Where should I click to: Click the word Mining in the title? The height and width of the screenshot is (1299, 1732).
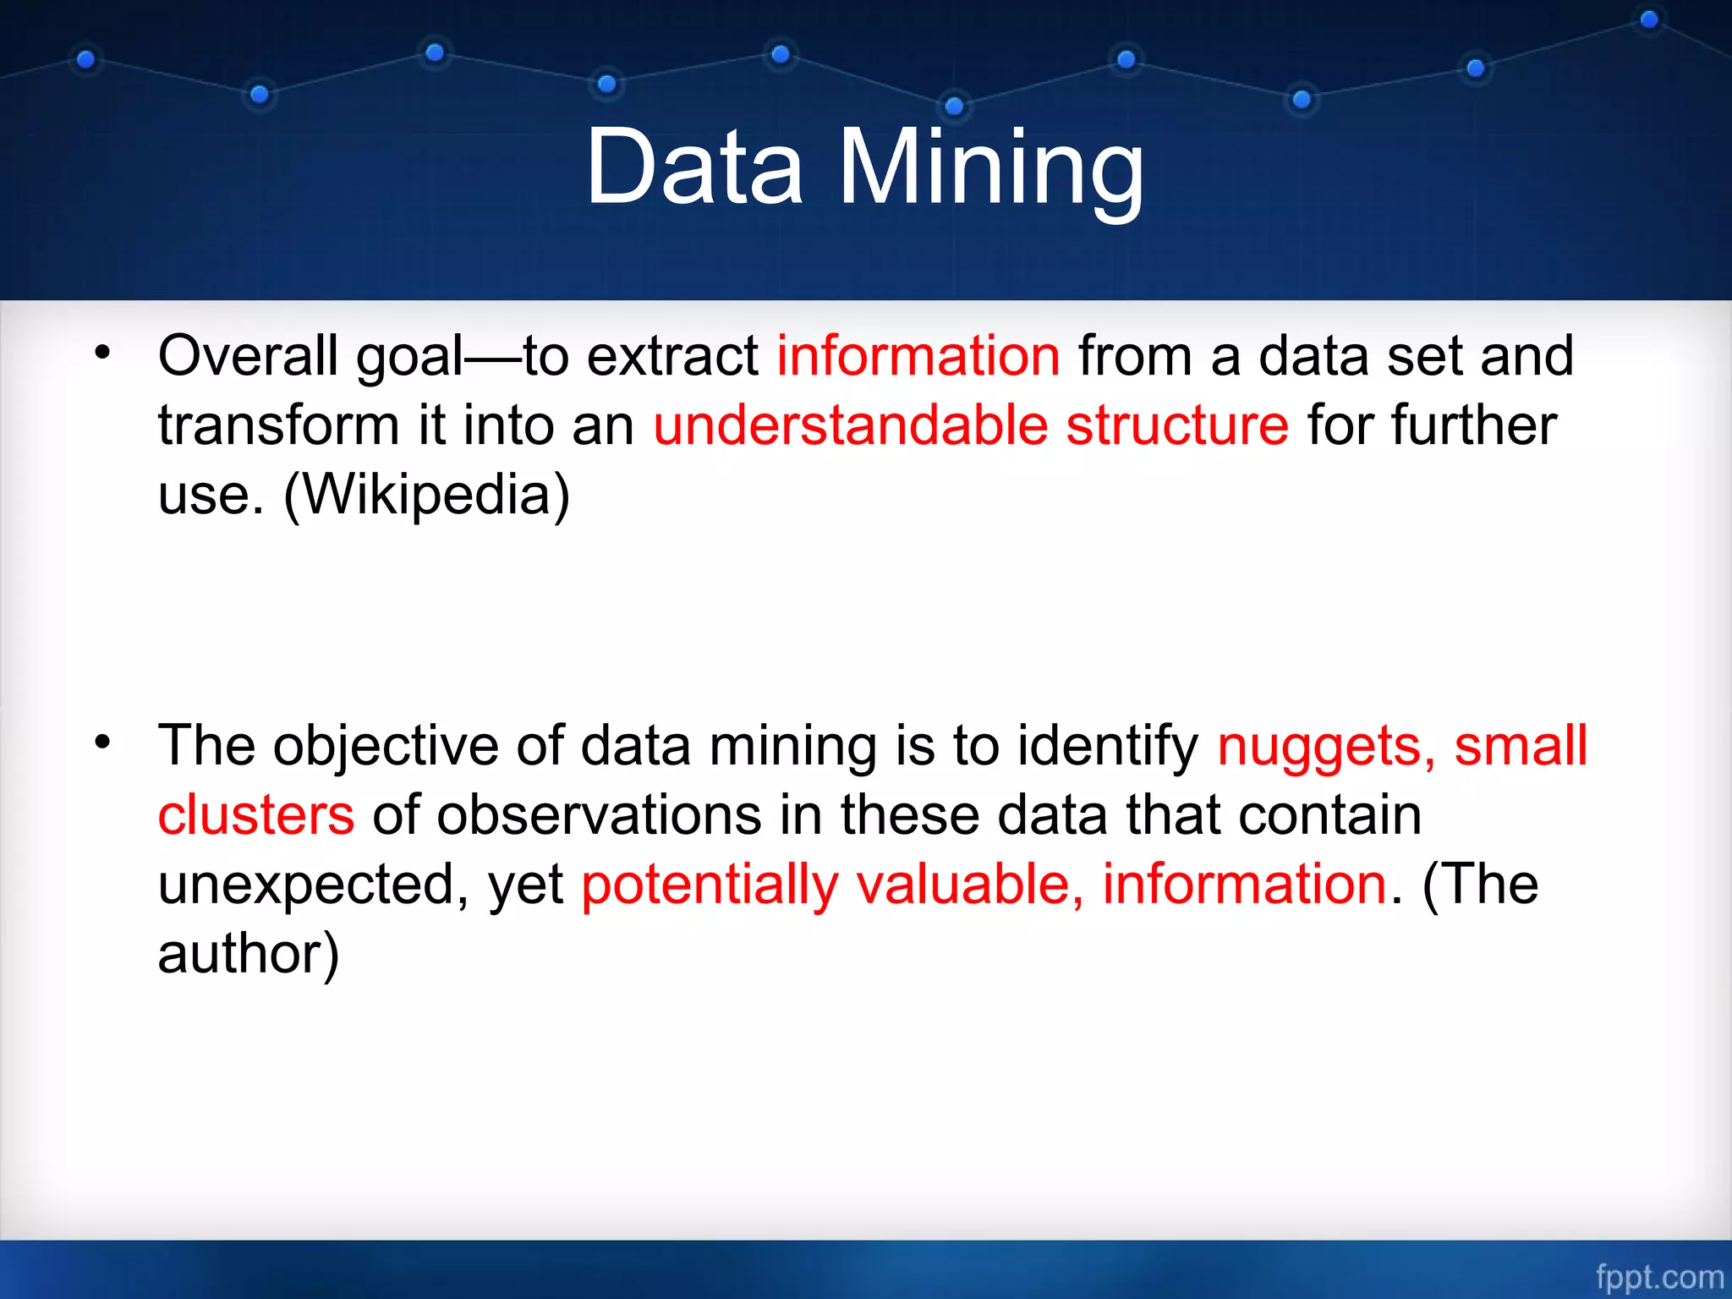point(991,169)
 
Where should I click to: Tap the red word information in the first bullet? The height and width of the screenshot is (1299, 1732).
point(918,356)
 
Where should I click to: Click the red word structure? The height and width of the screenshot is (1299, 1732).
point(1177,425)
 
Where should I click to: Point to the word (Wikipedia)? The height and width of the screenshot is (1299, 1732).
point(426,495)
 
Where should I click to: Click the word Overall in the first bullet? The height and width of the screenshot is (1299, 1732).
point(248,356)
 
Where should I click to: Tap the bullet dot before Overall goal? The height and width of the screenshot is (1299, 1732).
point(102,353)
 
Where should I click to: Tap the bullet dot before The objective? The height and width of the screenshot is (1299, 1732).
point(102,743)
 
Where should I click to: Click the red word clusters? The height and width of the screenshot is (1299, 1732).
point(256,816)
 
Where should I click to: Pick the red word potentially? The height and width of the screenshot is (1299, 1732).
point(710,886)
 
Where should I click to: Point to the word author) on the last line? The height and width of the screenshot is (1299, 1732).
point(248,955)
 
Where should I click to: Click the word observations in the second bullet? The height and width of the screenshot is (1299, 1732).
point(600,816)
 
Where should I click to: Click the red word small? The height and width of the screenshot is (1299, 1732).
point(1521,747)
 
